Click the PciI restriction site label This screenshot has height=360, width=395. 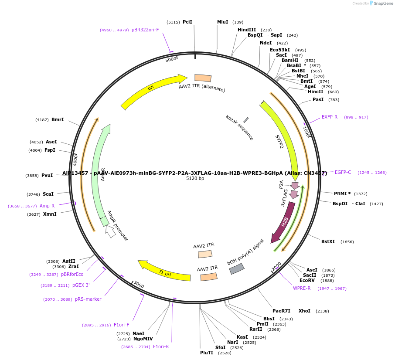pyautogui.click(x=187, y=22)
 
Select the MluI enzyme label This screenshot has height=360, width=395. pyautogui.click(x=222, y=22)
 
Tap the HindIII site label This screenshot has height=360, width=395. pyautogui.click(x=247, y=30)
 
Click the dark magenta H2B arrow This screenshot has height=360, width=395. pyautogui.click(x=284, y=222)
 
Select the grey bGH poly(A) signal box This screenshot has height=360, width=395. pyautogui.click(x=237, y=269)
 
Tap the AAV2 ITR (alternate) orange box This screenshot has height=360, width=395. pyautogui.click(x=203, y=78)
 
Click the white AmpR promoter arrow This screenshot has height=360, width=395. pyautogui.click(x=111, y=231)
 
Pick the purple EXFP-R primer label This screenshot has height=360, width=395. pyautogui.click(x=330, y=117)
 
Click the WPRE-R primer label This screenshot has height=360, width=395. pyautogui.click(x=302, y=288)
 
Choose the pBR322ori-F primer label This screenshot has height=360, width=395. pyautogui.click(x=145, y=30)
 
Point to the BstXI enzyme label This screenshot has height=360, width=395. pyautogui.click(x=328, y=241)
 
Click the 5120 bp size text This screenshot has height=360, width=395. pyautogui.click(x=195, y=179)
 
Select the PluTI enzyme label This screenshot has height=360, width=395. pyautogui.click(x=207, y=353)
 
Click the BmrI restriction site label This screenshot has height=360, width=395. pyautogui.click(x=58, y=119)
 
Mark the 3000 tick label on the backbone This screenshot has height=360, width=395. pyautogui.click(x=139, y=285)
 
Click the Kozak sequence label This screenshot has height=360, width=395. pyautogui.click(x=239, y=127)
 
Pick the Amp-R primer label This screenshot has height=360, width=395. pyautogui.click(x=47, y=206)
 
